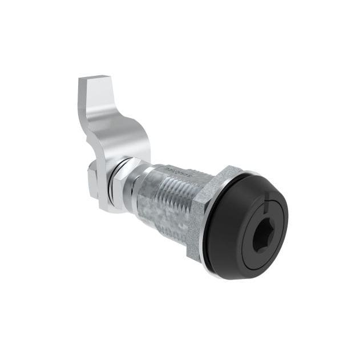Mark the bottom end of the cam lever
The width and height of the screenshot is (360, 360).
point(111,205)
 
